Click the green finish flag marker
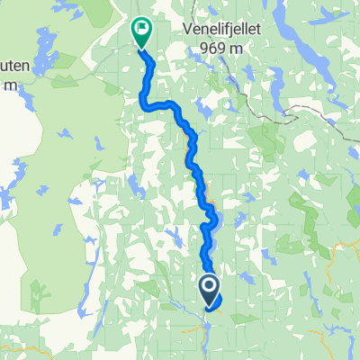tap(141, 32)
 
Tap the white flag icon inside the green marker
tap(142, 29)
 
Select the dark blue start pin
tap(208, 291)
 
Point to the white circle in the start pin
tap(208, 287)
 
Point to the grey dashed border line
tap(297, 112)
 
